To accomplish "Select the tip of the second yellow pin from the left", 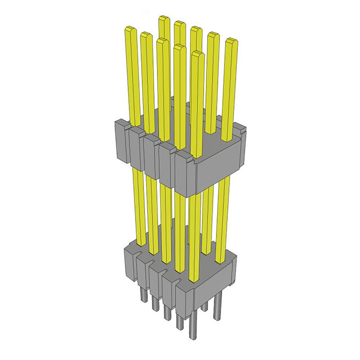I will click(x=146, y=35).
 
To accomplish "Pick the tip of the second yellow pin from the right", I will click(x=213, y=36).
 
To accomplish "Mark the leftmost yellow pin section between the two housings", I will click(x=138, y=202).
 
